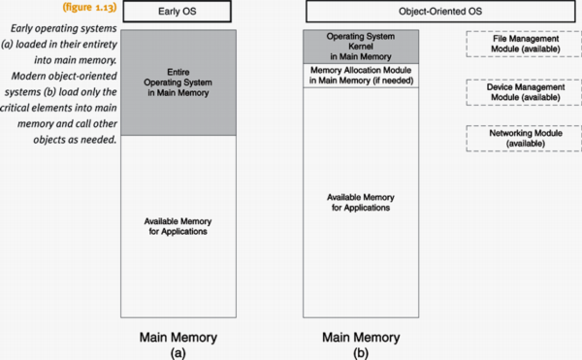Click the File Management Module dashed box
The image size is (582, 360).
click(x=510, y=45)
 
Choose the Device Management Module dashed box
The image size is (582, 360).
click(x=510, y=93)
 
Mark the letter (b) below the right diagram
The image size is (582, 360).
click(x=360, y=352)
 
